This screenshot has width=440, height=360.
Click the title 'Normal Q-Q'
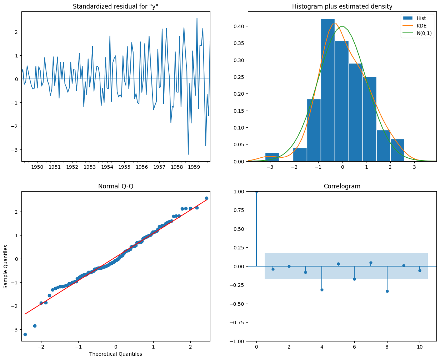[116, 186]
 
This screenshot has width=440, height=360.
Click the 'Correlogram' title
[342, 186]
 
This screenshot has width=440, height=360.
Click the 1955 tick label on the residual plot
[124, 167]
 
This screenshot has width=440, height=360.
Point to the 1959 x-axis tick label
[194, 167]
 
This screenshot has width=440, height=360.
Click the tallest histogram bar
[328, 89]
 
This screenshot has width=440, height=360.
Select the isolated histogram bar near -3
[272, 157]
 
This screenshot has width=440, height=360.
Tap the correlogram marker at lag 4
[322, 290]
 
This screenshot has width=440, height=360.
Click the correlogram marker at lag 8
[387, 291]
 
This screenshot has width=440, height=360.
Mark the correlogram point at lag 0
[256, 192]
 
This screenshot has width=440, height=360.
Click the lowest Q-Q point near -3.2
[25, 334]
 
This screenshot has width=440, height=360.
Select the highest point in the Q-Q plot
[206, 198]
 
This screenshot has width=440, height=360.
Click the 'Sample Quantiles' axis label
[6, 267]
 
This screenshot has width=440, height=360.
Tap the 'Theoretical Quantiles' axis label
[116, 354]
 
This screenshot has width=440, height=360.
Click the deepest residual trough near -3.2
[188, 154]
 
